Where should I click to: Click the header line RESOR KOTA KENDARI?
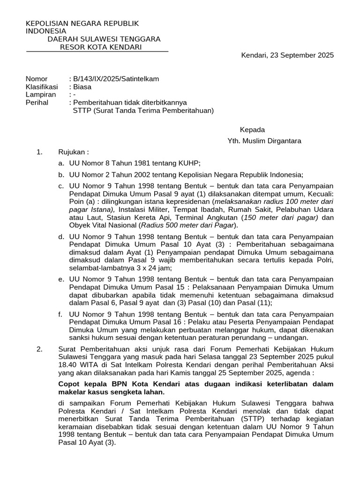coord(97,47)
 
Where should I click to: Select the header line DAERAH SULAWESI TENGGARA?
coord(104,39)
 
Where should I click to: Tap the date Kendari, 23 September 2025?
coord(287,55)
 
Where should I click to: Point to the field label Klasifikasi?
coord(42,87)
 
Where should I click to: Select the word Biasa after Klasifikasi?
coord(82,87)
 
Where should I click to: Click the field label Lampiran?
coord(41,95)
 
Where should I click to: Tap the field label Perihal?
coord(37,103)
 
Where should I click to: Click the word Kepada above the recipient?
coord(253,130)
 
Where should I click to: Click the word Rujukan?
coord(73,152)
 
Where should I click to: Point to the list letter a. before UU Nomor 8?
coord(61,163)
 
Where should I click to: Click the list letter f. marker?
coord(61,314)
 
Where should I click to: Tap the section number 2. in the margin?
coord(39,349)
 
